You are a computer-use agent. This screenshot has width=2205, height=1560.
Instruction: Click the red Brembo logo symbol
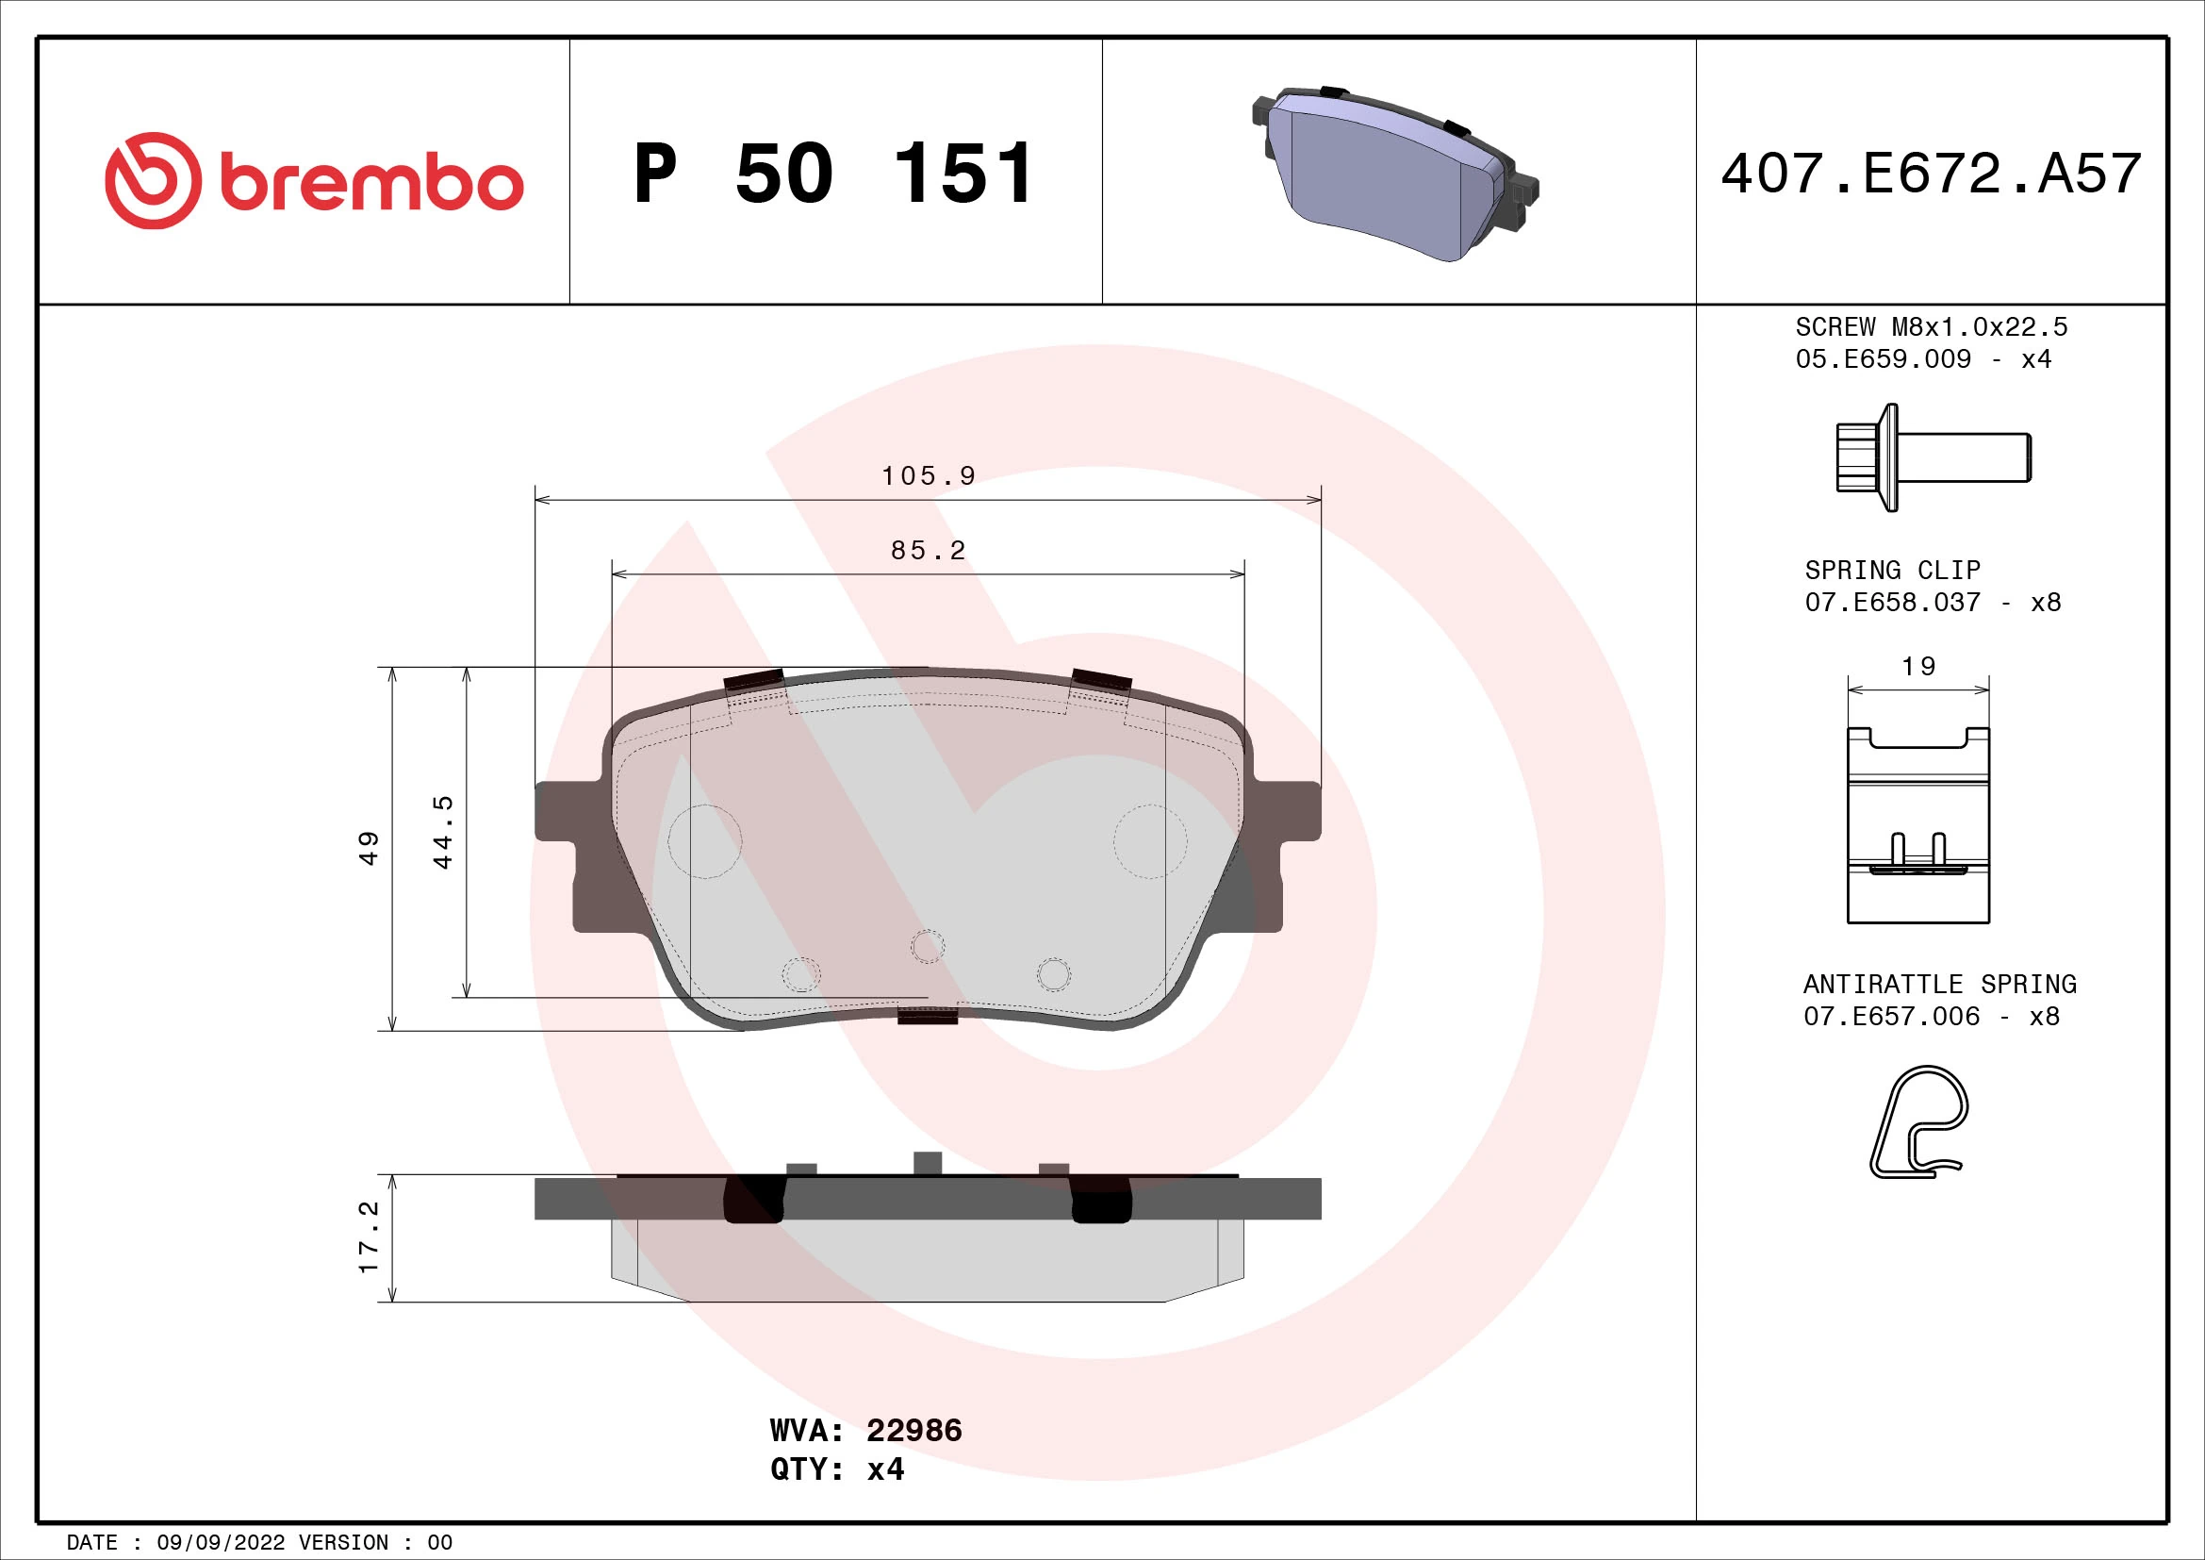click(154, 180)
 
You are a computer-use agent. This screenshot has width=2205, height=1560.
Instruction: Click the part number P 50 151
click(833, 174)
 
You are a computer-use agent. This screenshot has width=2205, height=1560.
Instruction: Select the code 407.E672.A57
click(1931, 174)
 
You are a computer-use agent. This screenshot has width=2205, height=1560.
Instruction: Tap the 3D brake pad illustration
click(1394, 174)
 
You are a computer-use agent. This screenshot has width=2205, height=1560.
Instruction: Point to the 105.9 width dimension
click(928, 475)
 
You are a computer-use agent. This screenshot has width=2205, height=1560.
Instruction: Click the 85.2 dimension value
click(928, 551)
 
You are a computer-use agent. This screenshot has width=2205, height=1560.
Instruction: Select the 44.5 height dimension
click(443, 832)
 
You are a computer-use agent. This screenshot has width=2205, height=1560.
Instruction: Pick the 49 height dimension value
click(369, 848)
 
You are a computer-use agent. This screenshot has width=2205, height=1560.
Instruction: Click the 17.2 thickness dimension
click(369, 1237)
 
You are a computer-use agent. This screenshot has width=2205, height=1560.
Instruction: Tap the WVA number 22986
click(913, 1431)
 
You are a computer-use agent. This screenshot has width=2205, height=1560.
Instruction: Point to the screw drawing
click(1932, 457)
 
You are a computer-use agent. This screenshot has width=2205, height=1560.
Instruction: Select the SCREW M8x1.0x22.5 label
click(1931, 326)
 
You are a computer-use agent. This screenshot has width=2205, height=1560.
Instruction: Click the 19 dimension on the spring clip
click(1917, 666)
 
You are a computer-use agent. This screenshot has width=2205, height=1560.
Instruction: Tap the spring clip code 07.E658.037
click(1892, 603)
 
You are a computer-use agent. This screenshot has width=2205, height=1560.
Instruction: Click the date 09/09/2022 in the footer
click(221, 1542)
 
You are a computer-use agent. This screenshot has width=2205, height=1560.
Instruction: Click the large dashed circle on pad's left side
click(705, 841)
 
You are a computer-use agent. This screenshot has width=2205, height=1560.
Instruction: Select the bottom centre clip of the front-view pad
click(927, 1016)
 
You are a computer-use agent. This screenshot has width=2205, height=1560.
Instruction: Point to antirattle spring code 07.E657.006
click(1891, 1017)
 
